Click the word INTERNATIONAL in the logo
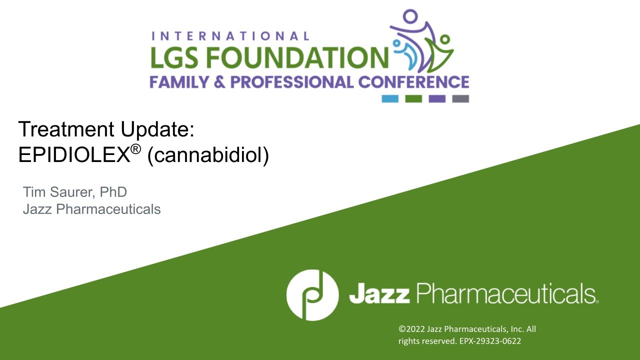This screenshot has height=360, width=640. click(230, 36)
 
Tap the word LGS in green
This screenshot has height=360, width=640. click(174, 57)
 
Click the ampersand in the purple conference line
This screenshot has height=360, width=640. click(219, 82)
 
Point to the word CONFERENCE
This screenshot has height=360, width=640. click(413, 82)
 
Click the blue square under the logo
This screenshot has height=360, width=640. click(390, 98)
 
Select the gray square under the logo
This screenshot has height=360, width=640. click(460, 98)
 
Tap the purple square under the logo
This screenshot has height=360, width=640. click(437, 98)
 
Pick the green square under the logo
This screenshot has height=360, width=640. click(413, 98)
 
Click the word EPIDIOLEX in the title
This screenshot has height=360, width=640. click(74, 154)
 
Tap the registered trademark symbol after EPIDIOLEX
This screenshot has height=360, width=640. click(135, 149)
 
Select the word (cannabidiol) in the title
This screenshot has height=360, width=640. click(208, 155)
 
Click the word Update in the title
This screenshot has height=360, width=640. click(157, 129)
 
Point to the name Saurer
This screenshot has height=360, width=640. click(72, 192)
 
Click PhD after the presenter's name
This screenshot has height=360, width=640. click(113, 191)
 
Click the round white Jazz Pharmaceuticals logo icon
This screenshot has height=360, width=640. click(312, 295)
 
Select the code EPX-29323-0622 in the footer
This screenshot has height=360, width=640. click(490, 341)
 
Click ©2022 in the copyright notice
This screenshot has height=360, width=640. click(411, 329)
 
